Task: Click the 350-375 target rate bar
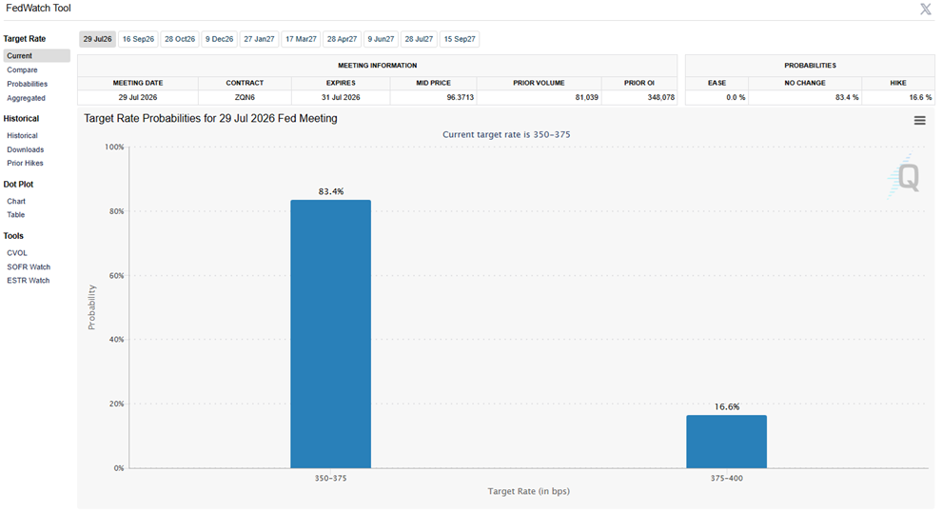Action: click(x=330, y=334)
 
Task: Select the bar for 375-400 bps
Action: click(x=726, y=442)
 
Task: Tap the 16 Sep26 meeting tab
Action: click(x=138, y=39)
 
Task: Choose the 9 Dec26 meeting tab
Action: click(x=219, y=39)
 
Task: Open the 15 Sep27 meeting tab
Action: click(x=460, y=39)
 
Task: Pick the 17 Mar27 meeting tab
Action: click(x=301, y=39)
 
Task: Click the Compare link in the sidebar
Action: click(x=22, y=69)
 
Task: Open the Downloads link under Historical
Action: click(x=26, y=149)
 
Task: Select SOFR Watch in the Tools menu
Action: click(x=29, y=266)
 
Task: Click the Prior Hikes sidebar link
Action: click(x=26, y=163)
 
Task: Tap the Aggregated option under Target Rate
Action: click(x=26, y=98)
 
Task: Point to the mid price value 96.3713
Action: click(x=461, y=97)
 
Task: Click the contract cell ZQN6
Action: click(x=245, y=97)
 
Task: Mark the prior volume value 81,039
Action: click(x=587, y=97)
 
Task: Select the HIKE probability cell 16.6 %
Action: click(x=920, y=97)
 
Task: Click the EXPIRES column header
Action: click(x=341, y=83)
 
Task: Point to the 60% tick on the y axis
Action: click(x=116, y=276)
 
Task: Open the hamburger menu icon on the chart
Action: click(x=920, y=121)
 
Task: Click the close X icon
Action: click(x=926, y=9)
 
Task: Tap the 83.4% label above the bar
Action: click(x=331, y=191)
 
